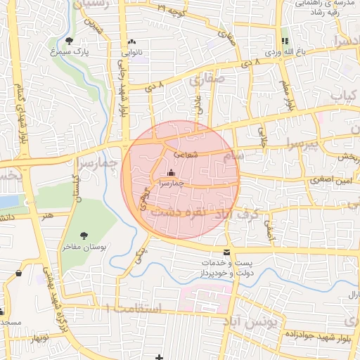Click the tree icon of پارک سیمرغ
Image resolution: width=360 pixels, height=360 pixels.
click(68, 40)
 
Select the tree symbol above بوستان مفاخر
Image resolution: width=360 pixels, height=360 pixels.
click(84, 235)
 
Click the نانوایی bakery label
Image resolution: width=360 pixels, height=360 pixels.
click(132, 52)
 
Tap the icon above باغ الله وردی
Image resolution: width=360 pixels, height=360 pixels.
click(285, 41)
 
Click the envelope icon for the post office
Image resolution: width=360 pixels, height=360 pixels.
click(226, 251)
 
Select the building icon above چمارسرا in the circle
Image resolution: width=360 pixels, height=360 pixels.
click(171, 172)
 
